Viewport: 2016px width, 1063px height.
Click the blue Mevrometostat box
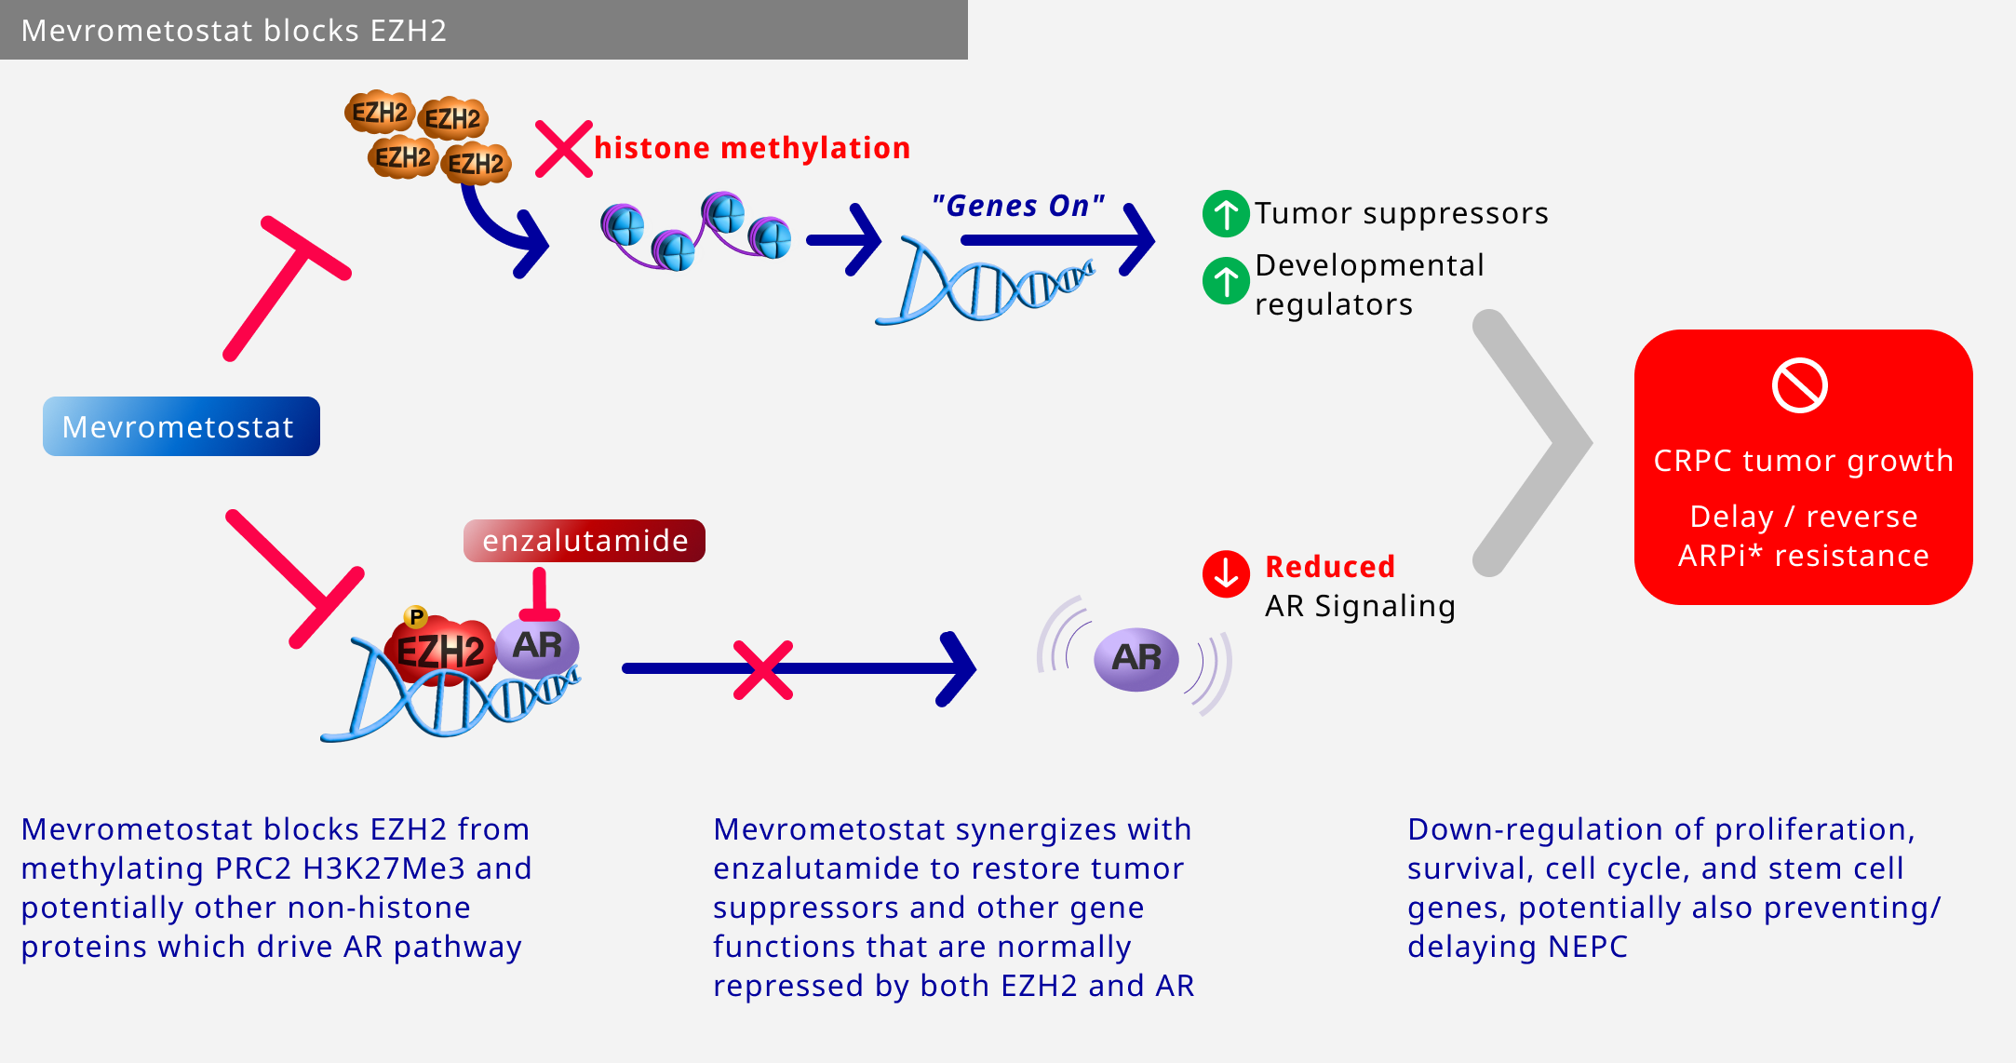[x=181, y=426]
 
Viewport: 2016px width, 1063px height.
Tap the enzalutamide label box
[x=585, y=541]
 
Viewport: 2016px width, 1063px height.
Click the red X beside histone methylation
[x=564, y=149]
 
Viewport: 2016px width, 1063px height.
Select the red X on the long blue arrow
[x=763, y=669]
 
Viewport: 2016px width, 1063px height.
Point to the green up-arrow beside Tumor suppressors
[x=1226, y=214]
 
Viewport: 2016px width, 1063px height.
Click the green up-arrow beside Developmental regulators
[x=1226, y=280]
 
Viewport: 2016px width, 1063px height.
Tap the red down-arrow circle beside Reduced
[x=1226, y=573]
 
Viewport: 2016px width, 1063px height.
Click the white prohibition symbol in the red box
[x=1800, y=385]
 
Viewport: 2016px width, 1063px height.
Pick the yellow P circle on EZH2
[x=416, y=616]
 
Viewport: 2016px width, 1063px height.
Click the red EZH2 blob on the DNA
[x=438, y=650]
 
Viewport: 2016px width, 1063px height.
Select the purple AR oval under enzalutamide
[x=537, y=646]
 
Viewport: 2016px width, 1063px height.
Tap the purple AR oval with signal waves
[x=1136, y=659]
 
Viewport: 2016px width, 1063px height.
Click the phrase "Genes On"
[x=1018, y=206]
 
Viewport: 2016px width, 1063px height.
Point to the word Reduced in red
[x=1330, y=566]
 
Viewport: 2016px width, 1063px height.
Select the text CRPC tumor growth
[x=1803, y=461]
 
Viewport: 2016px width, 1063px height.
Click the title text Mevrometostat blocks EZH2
[x=234, y=31]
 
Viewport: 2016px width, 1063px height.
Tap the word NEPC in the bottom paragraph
[x=1588, y=947]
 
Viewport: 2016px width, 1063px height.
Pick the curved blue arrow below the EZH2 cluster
[x=503, y=229]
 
